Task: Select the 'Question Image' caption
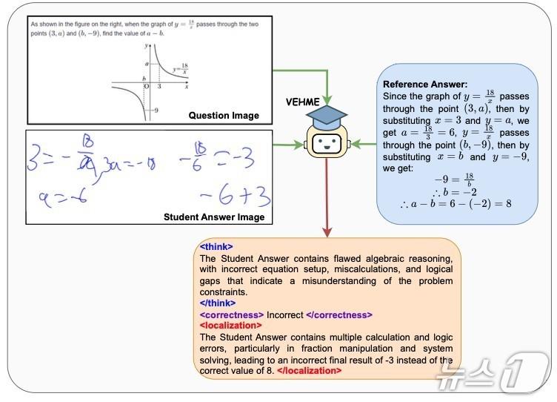pos(224,115)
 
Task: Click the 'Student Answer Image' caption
pos(213,217)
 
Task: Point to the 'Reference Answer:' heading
pos(425,85)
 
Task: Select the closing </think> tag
pos(218,303)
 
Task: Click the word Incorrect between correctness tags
pos(284,314)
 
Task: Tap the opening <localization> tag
pos(230,325)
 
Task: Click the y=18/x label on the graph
pos(179,69)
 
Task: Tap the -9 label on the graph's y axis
pos(154,110)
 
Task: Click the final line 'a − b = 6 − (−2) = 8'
pos(456,203)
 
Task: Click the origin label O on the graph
pos(147,86)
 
